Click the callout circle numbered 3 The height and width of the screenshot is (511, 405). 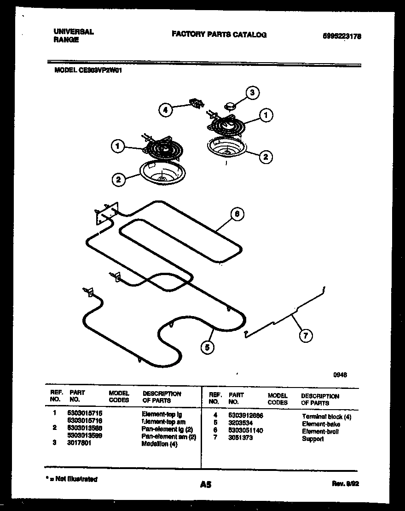tap(252, 93)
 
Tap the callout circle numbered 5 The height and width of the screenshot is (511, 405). tap(208, 348)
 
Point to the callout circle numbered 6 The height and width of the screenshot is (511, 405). tap(237, 214)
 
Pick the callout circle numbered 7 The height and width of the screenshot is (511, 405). tap(305, 336)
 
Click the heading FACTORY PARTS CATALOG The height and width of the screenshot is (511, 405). tap(219, 35)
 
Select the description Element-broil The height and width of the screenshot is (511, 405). tap(320, 431)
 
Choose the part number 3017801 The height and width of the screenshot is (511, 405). tap(80, 444)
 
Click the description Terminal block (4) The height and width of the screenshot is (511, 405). tap(327, 417)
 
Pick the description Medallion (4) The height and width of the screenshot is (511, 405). tap(159, 444)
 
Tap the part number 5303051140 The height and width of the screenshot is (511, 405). tap(246, 431)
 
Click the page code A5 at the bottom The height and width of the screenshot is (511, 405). tap(206, 485)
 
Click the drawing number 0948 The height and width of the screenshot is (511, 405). tap(340, 375)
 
